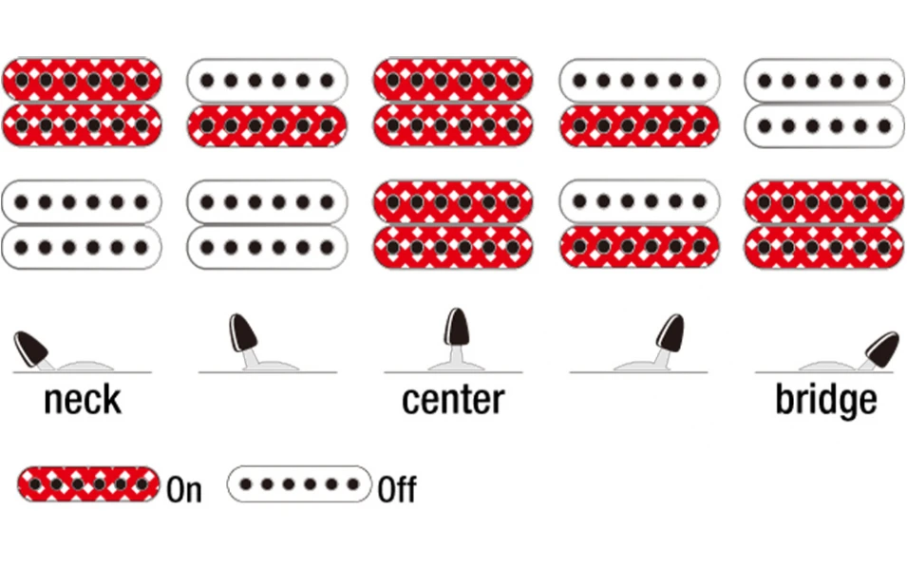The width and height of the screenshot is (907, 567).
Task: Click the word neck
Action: [x=83, y=399]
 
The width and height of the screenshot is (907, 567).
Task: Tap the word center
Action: [x=453, y=399]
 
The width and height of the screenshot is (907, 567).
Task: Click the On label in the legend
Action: [x=184, y=489]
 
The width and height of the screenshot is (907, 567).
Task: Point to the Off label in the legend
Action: [x=397, y=489]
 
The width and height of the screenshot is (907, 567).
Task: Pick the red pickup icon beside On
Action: [x=88, y=484]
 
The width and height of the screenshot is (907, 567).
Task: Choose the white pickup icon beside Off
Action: [x=299, y=484]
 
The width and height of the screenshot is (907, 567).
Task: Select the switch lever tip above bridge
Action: [x=882, y=350]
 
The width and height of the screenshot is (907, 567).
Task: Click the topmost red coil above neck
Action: [x=82, y=80]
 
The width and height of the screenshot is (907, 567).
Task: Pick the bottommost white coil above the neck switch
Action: [x=82, y=248]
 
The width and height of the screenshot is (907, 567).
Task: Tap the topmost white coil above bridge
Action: [x=824, y=80]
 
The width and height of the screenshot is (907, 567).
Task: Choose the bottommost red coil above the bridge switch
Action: [x=824, y=248]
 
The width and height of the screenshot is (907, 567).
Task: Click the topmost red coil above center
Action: [x=453, y=80]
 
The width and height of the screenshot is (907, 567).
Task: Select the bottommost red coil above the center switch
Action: [x=453, y=248]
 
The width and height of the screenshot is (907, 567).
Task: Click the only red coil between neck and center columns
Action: [x=267, y=125]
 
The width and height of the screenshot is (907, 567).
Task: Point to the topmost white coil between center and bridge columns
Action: [x=639, y=80]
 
